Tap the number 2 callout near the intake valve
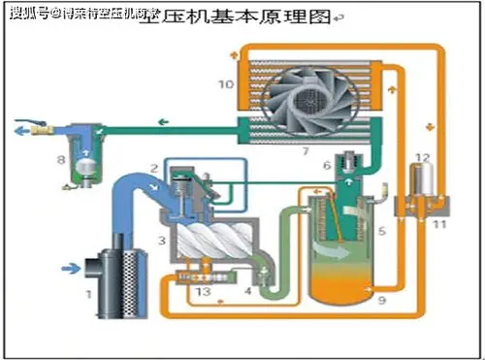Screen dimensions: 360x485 click(x=155, y=166)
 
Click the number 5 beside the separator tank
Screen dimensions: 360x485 click(x=381, y=231)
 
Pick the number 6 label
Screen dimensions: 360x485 click(x=327, y=165)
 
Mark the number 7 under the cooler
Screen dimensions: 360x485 click(x=306, y=151)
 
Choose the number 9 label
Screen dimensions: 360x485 click(x=381, y=302)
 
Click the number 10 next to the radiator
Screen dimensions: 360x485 click(x=225, y=84)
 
